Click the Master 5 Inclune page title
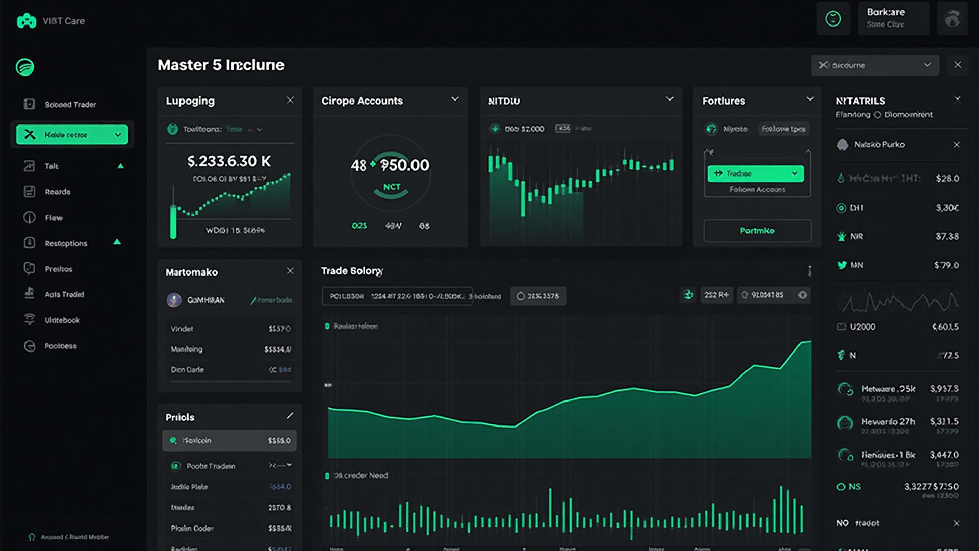click(221, 65)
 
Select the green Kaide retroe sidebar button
click(72, 135)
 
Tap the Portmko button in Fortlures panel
click(757, 231)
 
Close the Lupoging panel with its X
click(290, 100)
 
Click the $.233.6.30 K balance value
click(229, 161)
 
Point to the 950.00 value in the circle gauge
click(405, 165)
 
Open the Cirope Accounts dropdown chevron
click(455, 99)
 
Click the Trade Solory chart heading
click(352, 271)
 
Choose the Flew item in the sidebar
click(54, 218)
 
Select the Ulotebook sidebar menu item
click(62, 320)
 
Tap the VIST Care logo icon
click(27, 21)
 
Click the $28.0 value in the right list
click(947, 179)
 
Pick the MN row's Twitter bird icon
click(842, 265)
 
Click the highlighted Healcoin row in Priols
click(229, 440)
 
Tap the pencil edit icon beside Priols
click(290, 416)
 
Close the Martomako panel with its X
click(290, 271)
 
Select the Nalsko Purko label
click(879, 145)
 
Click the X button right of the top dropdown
click(958, 65)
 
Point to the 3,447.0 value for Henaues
click(944, 455)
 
